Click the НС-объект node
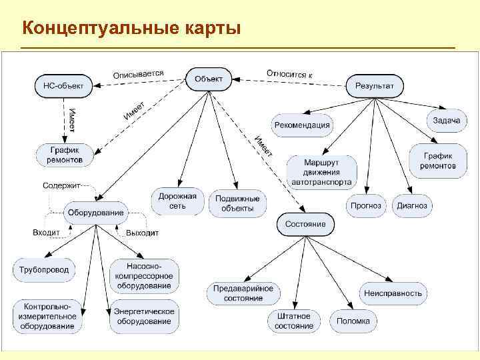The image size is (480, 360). pos(64,85)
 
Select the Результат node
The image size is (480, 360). pos(374,85)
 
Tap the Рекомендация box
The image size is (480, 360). pos(301,125)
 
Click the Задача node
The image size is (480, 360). pos(446,120)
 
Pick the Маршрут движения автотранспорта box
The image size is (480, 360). pos(322,172)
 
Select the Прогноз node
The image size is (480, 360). pos(366,205)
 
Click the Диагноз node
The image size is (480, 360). pos(412,205)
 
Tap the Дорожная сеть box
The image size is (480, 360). pos(177,201)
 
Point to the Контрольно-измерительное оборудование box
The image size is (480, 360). pos(47,316)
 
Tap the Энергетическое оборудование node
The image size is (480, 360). pos(144,316)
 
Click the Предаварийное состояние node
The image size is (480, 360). pos(243,293)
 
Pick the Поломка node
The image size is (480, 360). pos(353,321)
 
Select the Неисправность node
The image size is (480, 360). pos(393,293)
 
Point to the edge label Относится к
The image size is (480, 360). pos(290,73)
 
